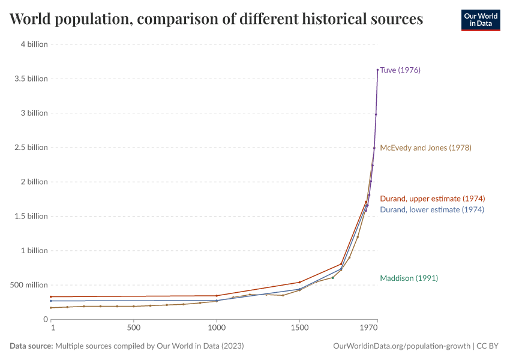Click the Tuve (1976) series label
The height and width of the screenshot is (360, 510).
point(400,70)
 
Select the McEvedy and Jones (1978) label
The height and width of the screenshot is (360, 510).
point(425,148)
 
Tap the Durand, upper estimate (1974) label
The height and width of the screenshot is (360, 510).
point(432,199)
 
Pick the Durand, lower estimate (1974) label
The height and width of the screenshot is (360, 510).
point(431,209)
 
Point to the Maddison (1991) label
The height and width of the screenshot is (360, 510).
point(409,278)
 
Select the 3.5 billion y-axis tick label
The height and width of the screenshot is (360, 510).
point(31,79)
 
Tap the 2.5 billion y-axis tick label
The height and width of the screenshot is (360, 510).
point(31,148)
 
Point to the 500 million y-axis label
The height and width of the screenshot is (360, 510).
point(28,285)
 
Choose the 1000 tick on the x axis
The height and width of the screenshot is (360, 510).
point(217,328)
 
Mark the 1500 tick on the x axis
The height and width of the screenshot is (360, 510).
point(299,328)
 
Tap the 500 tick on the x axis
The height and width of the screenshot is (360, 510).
point(134,328)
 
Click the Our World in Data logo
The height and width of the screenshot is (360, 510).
point(480,20)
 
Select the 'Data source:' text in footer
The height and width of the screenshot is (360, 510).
point(31,346)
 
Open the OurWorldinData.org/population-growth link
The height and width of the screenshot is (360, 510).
point(401,346)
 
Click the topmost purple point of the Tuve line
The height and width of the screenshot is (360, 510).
point(377,70)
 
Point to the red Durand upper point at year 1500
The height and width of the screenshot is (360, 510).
point(299,282)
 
